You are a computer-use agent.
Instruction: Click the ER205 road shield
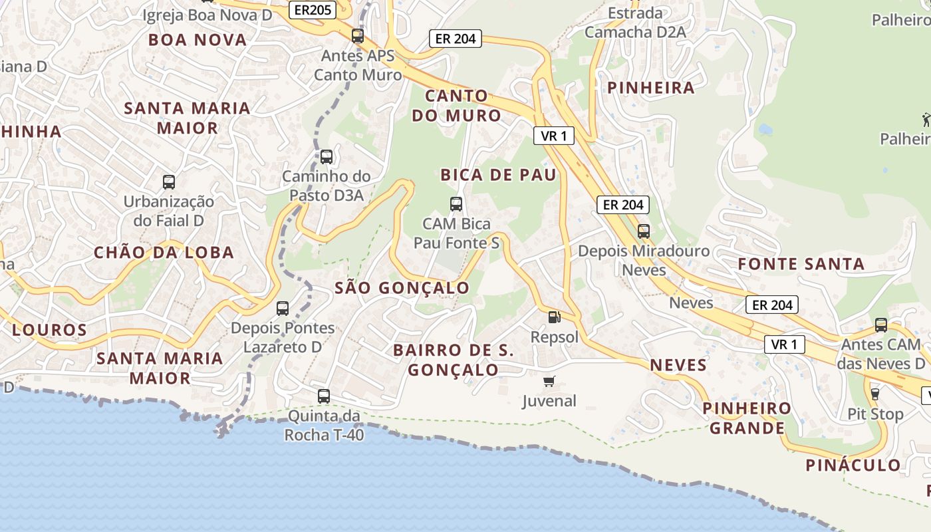point(311,10)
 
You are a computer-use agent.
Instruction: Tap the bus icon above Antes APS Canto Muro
point(358,36)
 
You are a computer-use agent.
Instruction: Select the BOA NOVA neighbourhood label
point(198,40)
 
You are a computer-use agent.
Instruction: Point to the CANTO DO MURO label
point(456,106)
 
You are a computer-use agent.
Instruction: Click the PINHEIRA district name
point(651,88)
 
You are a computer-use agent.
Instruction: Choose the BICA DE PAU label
point(498,175)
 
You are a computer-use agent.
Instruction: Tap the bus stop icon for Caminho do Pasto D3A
point(327,157)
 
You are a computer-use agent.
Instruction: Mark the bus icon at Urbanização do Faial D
point(169,182)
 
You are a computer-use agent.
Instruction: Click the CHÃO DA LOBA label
point(164,253)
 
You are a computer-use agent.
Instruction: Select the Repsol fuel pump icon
point(554,317)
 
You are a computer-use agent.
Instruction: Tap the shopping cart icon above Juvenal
point(549,381)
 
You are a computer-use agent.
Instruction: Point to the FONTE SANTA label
point(801,264)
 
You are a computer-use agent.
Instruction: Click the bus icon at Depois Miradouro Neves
point(643,231)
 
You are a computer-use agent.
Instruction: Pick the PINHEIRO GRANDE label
point(747,418)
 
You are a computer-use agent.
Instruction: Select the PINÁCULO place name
point(854,465)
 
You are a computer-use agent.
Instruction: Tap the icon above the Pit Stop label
point(874,394)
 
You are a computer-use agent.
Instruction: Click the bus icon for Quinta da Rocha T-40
point(324,396)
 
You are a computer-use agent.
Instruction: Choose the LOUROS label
point(49,330)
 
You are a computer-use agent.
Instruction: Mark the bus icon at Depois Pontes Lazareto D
point(283,308)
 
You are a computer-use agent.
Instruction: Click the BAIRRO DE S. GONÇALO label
point(454,360)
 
